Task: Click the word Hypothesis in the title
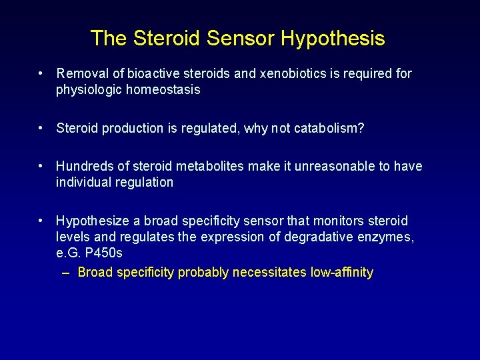click(x=333, y=39)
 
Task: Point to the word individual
click(x=83, y=182)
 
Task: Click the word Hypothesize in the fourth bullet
click(x=91, y=221)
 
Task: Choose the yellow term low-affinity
click(x=341, y=272)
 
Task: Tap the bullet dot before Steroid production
click(x=41, y=128)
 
